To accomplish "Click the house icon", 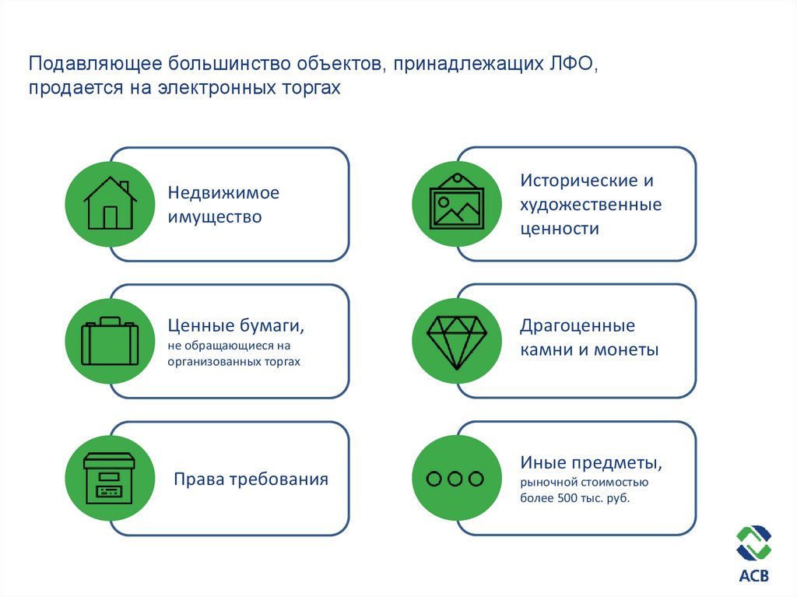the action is click(110, 203).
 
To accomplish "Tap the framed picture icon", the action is click(457, 201).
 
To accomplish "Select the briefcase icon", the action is click(110, 342).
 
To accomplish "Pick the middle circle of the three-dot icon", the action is click(456, 479).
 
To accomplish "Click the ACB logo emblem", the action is click(753, 543).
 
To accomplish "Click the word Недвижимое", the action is click(223, 192).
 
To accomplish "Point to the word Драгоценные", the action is click(578, 325).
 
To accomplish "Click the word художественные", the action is click(591, 205).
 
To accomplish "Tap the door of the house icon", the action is click(110, 217).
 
